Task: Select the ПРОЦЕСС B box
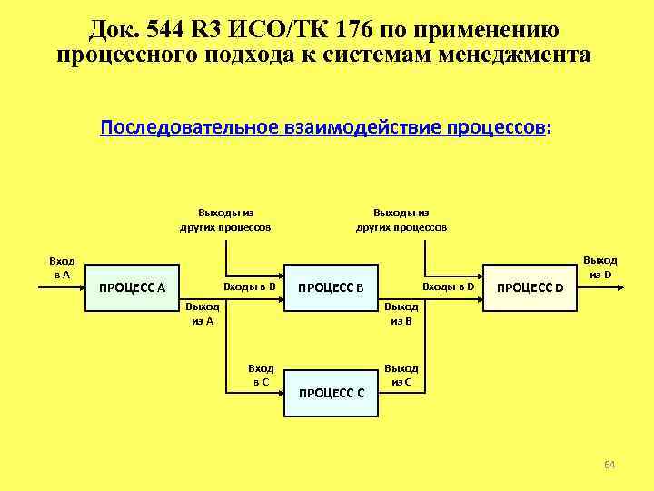point(332,288)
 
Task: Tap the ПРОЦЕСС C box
point(332,392)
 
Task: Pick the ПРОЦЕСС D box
point(531,288)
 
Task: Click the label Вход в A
point(62,267)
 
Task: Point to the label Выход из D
point(599,267)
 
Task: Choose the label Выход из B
point(401,314)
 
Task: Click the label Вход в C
point(261,375)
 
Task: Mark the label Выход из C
point(401,375)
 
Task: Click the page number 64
point(609,466)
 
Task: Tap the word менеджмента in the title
point(514,55)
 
